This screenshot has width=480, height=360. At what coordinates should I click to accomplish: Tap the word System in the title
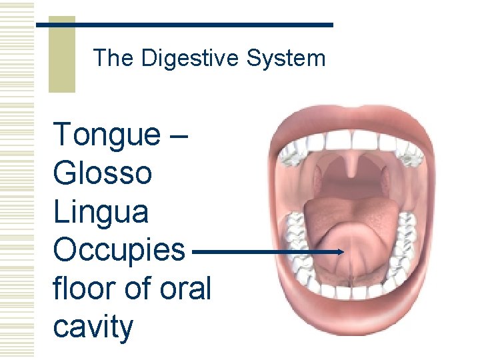coord(285,59)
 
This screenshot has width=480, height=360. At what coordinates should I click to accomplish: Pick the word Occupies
coord(119,251)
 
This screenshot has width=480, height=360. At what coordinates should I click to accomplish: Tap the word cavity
coord(93,327)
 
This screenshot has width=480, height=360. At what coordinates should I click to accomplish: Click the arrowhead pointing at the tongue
coord(339,252)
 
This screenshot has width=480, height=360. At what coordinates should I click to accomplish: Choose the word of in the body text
coord(134,289)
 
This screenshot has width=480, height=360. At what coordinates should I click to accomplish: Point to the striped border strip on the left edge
coord(17,180)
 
